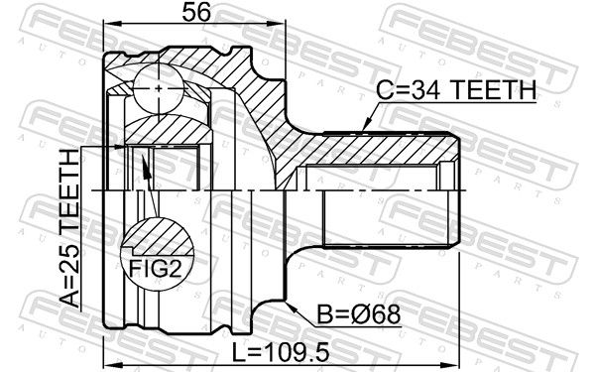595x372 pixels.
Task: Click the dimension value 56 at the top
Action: click(x=195, y=12)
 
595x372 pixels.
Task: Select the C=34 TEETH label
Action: click(x=456, y=90)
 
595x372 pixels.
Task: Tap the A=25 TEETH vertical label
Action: click(x=70, y=227)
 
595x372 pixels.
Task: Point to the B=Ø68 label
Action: click(x=359, y=314)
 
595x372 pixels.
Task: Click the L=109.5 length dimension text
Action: click(x=281, y=352)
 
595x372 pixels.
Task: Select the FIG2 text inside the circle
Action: click(x=156, y=269)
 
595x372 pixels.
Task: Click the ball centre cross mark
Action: click(x=159, y=88)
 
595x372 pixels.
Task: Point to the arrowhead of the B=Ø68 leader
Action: click(x=291, y=307)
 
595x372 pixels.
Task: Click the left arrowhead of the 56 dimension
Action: click(x=111, y=24)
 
